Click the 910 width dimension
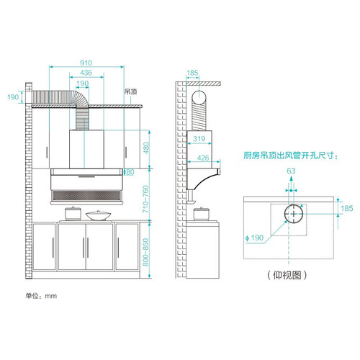[86, 63]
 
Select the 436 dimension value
[86, 73]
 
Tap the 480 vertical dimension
[146, 148]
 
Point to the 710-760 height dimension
[145, 199]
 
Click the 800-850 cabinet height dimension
[145, 252]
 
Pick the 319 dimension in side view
[199, 138]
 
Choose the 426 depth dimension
[203, 158]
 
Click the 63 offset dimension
[291, 171]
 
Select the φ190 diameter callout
[254, 238]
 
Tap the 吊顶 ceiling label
[131, 91]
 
